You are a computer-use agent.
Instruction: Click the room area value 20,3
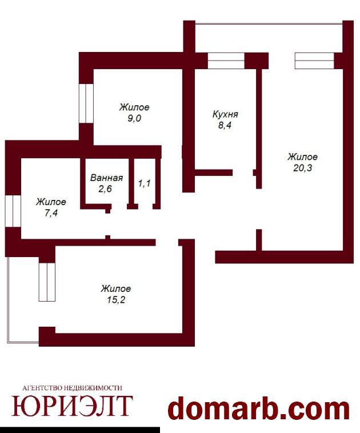pyautogui.click(x=302, y=168)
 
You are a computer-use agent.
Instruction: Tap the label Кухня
pyautogui.click(x=225, y=114)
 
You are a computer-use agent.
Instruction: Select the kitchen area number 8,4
pyautogui.click(x=225, y=125)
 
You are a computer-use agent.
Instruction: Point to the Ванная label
pyautogui.click(x=106, y=178)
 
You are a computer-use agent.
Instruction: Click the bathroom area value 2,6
pyautogui.click(x=105, y=189)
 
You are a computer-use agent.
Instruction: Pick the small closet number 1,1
pyautogui.click(x=144, y=183)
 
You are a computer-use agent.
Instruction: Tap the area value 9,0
pyautogui.click(x=134, y=118)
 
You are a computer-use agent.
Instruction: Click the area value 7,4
pyautogui.click(x=51, y=213)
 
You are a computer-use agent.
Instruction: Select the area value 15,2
pyautogui.click(x=116, y=300)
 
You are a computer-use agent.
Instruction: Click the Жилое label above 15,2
pyautogui.click(x=116, y=289)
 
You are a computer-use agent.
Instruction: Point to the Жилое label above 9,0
pyautogui.click(x=134, y=107)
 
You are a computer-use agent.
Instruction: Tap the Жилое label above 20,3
pyautogui.click(x=302, y=157)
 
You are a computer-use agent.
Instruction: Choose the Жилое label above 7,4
pyautogui.click(x=51, y=202)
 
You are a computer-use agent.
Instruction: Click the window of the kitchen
pyautogui.click(x=226, y=61)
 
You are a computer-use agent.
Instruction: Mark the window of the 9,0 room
pyautogui.click(x=86, y=103)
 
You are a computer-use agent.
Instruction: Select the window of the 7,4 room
pyautogui.click(x=13, y=211)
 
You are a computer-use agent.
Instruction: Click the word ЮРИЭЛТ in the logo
pyautogui.click(x=72, y=406)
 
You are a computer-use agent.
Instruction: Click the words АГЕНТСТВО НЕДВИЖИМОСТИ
pyautogui.click(x=72, y=388)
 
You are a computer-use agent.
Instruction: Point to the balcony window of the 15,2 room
pyautogui.click(x=47, y=282)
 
